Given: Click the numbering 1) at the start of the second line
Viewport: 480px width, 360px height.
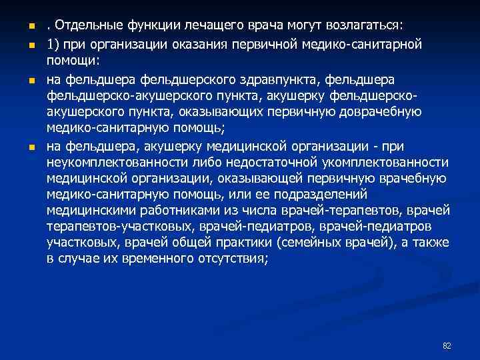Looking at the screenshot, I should tap(54, 44).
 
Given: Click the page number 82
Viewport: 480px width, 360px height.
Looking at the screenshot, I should tap(447, 345).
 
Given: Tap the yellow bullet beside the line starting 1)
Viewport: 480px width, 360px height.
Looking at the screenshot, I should tap(31, 45).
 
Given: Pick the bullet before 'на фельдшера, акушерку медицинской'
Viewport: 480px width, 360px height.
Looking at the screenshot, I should tap(31, 147).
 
